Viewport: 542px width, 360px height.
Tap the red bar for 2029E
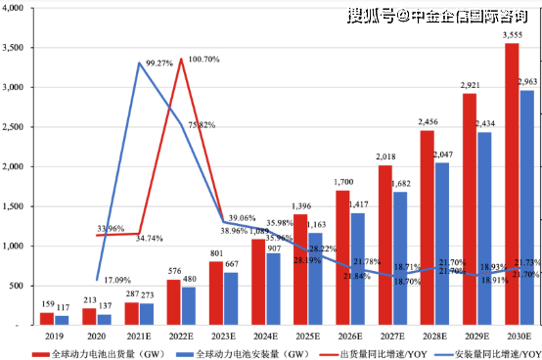470,209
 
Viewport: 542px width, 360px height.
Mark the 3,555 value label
512,35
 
